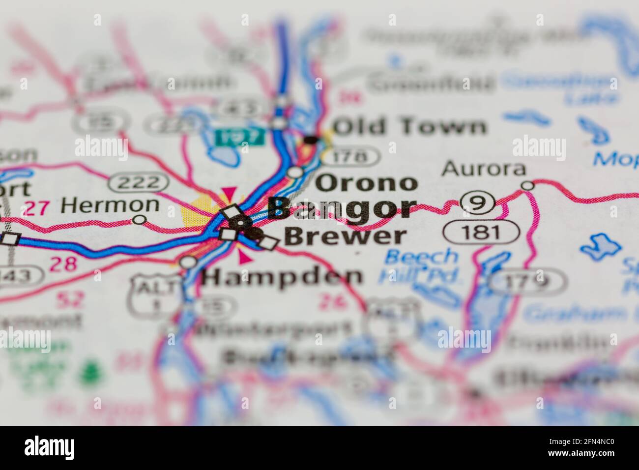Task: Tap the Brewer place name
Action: [346, 236]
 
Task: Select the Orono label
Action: [366, 183]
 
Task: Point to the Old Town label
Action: [409, 127]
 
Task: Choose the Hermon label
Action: [110, 205]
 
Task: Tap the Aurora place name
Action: [484, 169]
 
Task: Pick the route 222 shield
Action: [139, 182]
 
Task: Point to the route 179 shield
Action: [527, 281]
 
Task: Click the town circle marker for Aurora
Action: [527, 185]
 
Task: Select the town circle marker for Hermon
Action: [140, 219]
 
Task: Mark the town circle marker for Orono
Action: [295, 172]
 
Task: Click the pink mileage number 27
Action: [36, 208]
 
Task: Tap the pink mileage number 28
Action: [64, 264]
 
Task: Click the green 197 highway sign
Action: [240, 136]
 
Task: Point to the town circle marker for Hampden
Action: [187, 262]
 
